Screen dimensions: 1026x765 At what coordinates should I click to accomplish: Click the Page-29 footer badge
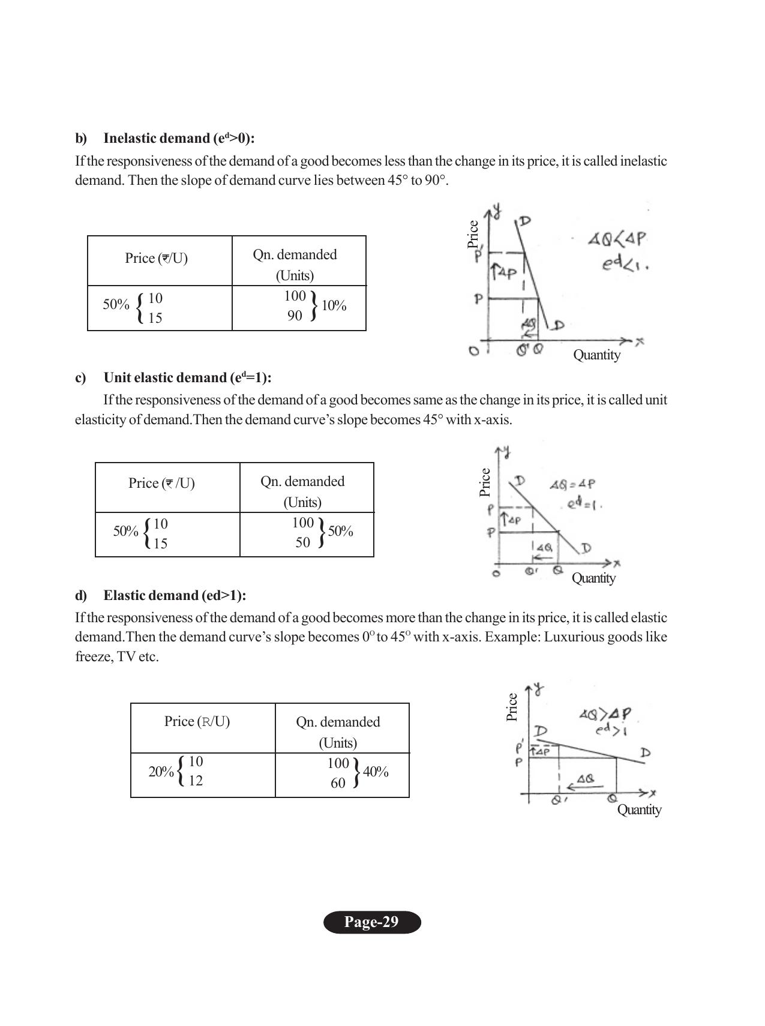coord(371,922)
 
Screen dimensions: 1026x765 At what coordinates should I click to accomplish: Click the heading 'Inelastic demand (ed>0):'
coord(179,139)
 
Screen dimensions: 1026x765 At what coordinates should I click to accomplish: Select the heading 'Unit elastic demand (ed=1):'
coord(187,378)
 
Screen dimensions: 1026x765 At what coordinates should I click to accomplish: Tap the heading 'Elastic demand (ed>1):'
coord(175,596)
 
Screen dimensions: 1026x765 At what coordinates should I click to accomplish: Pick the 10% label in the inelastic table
coord(334,306)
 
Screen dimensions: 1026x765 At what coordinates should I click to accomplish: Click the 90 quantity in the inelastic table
coord(295,316)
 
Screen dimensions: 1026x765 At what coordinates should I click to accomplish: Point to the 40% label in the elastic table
coord(376,772)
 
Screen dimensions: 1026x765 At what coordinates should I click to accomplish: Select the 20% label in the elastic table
coord(161,772)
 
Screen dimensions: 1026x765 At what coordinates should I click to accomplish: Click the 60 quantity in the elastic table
coord(338,783)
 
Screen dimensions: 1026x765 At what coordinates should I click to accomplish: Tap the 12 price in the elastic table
coord(196,781)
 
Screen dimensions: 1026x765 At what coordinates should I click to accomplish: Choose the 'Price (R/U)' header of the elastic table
coord(197,722)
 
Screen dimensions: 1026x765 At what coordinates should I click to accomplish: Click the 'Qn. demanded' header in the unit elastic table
coord(302,482)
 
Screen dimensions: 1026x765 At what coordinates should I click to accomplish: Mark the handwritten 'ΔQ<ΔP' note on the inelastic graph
coord(616,239)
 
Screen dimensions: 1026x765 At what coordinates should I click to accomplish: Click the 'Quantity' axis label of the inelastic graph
coord(596,355)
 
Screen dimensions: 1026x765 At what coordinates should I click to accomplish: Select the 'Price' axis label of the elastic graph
coord(512,707)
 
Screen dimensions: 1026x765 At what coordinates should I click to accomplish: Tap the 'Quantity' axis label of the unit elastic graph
coord(593,578)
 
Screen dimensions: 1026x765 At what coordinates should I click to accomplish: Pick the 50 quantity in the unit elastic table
coord(303,542)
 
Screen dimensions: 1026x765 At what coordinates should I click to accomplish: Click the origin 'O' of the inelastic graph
coord(474,351)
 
